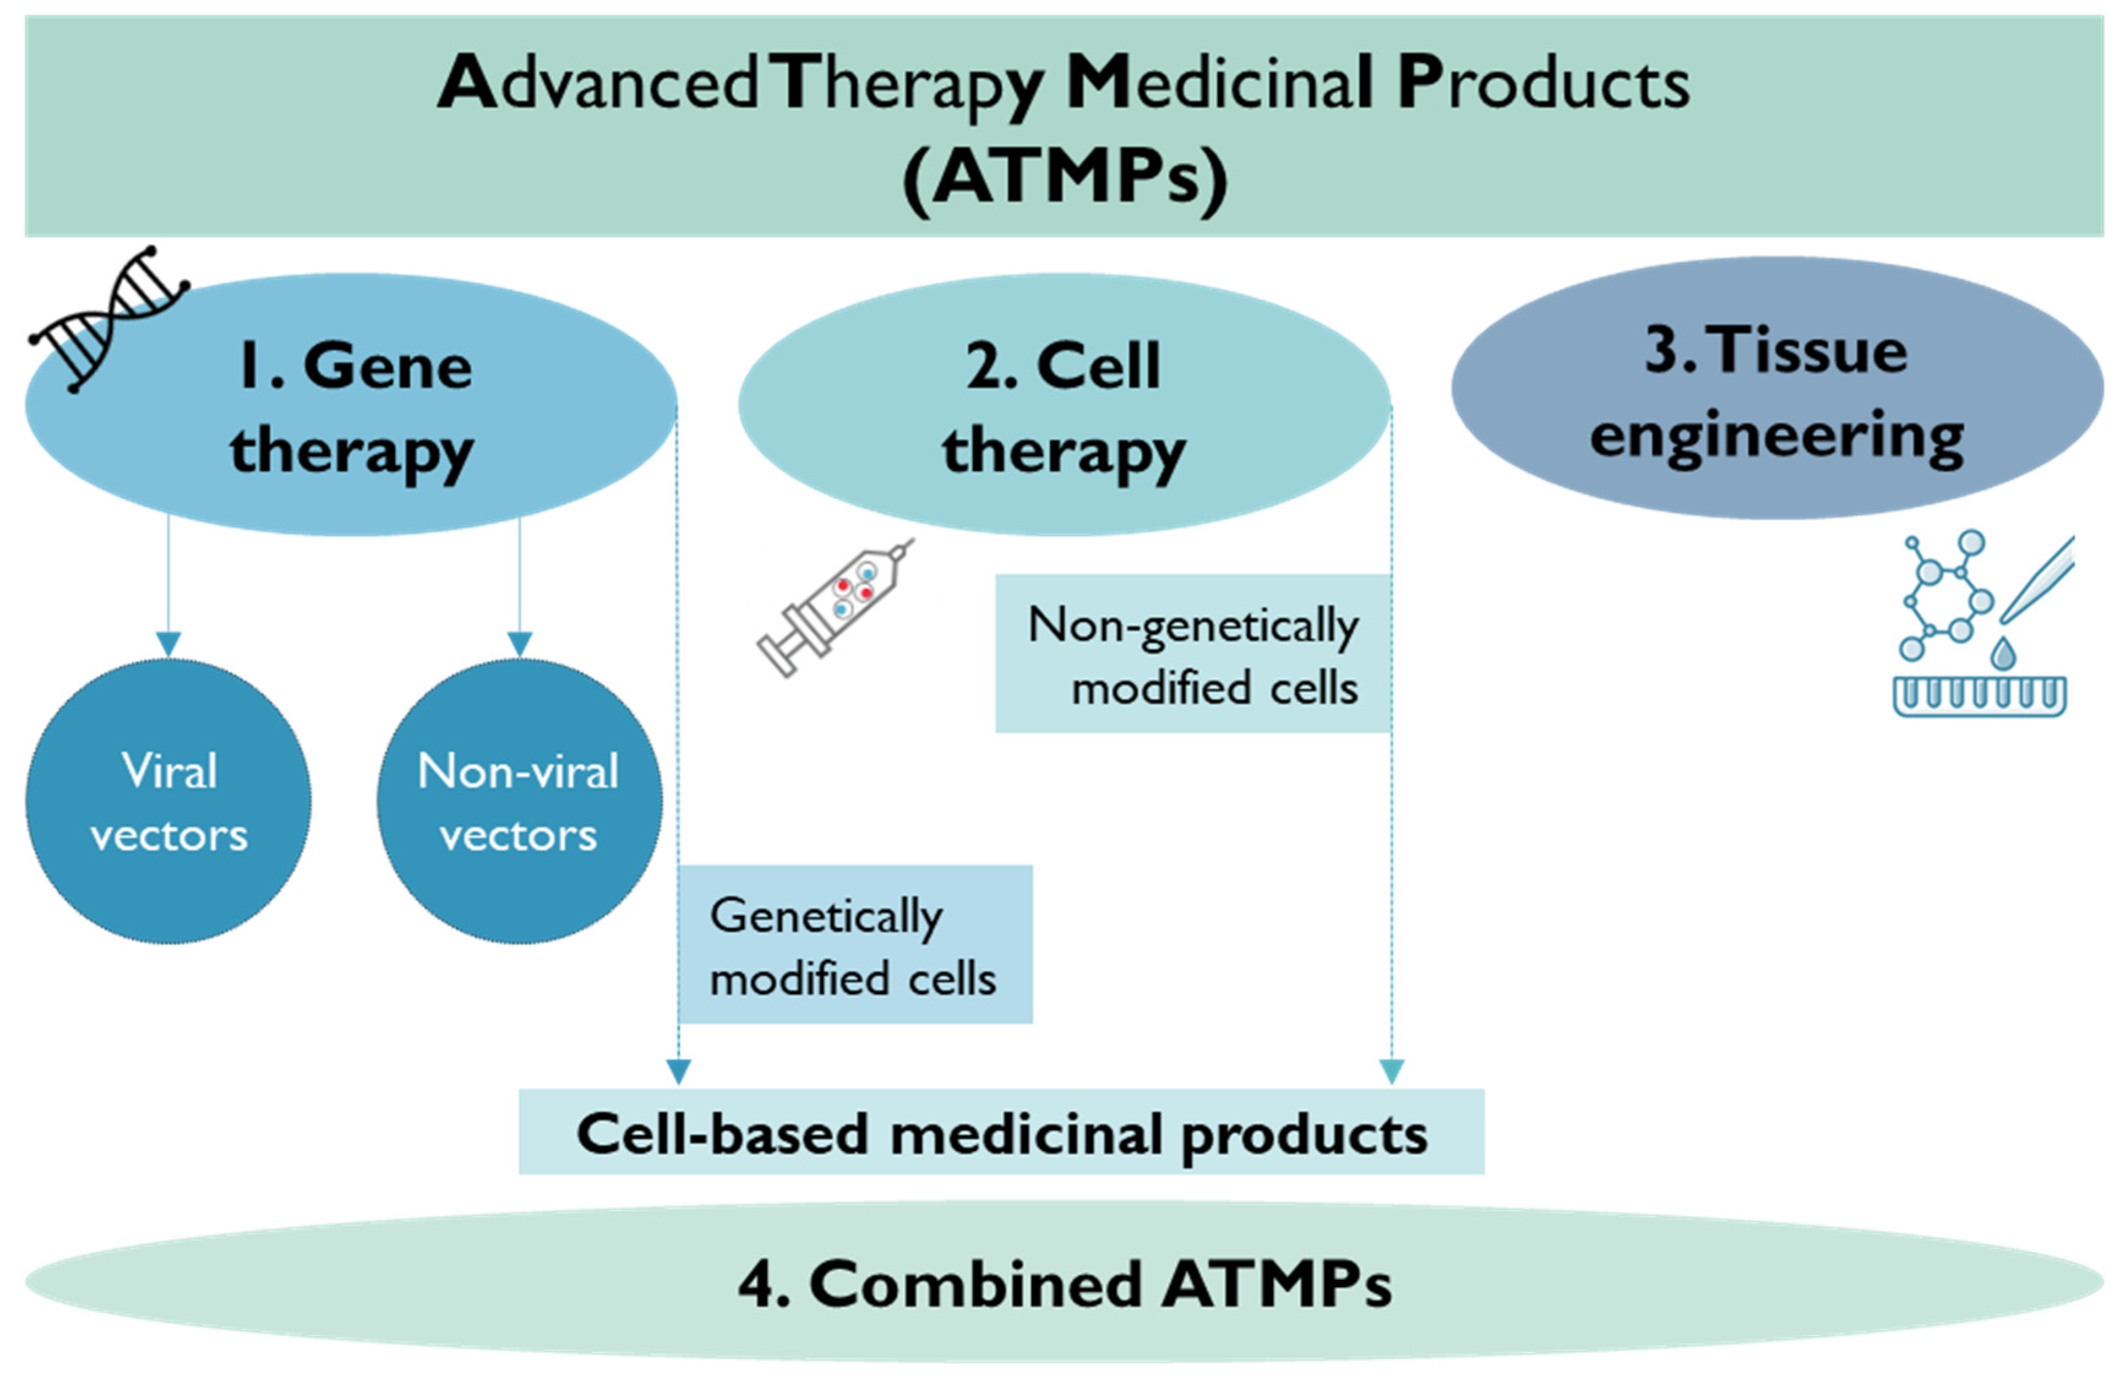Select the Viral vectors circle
[x=168, y=801]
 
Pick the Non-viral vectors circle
[x=519, y=801]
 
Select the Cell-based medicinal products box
[x=1000, y=1133]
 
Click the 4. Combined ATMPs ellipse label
[x=1063, y=1285]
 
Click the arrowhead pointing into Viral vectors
[x=168, y=644]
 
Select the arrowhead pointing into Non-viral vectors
[x=520, y=644]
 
